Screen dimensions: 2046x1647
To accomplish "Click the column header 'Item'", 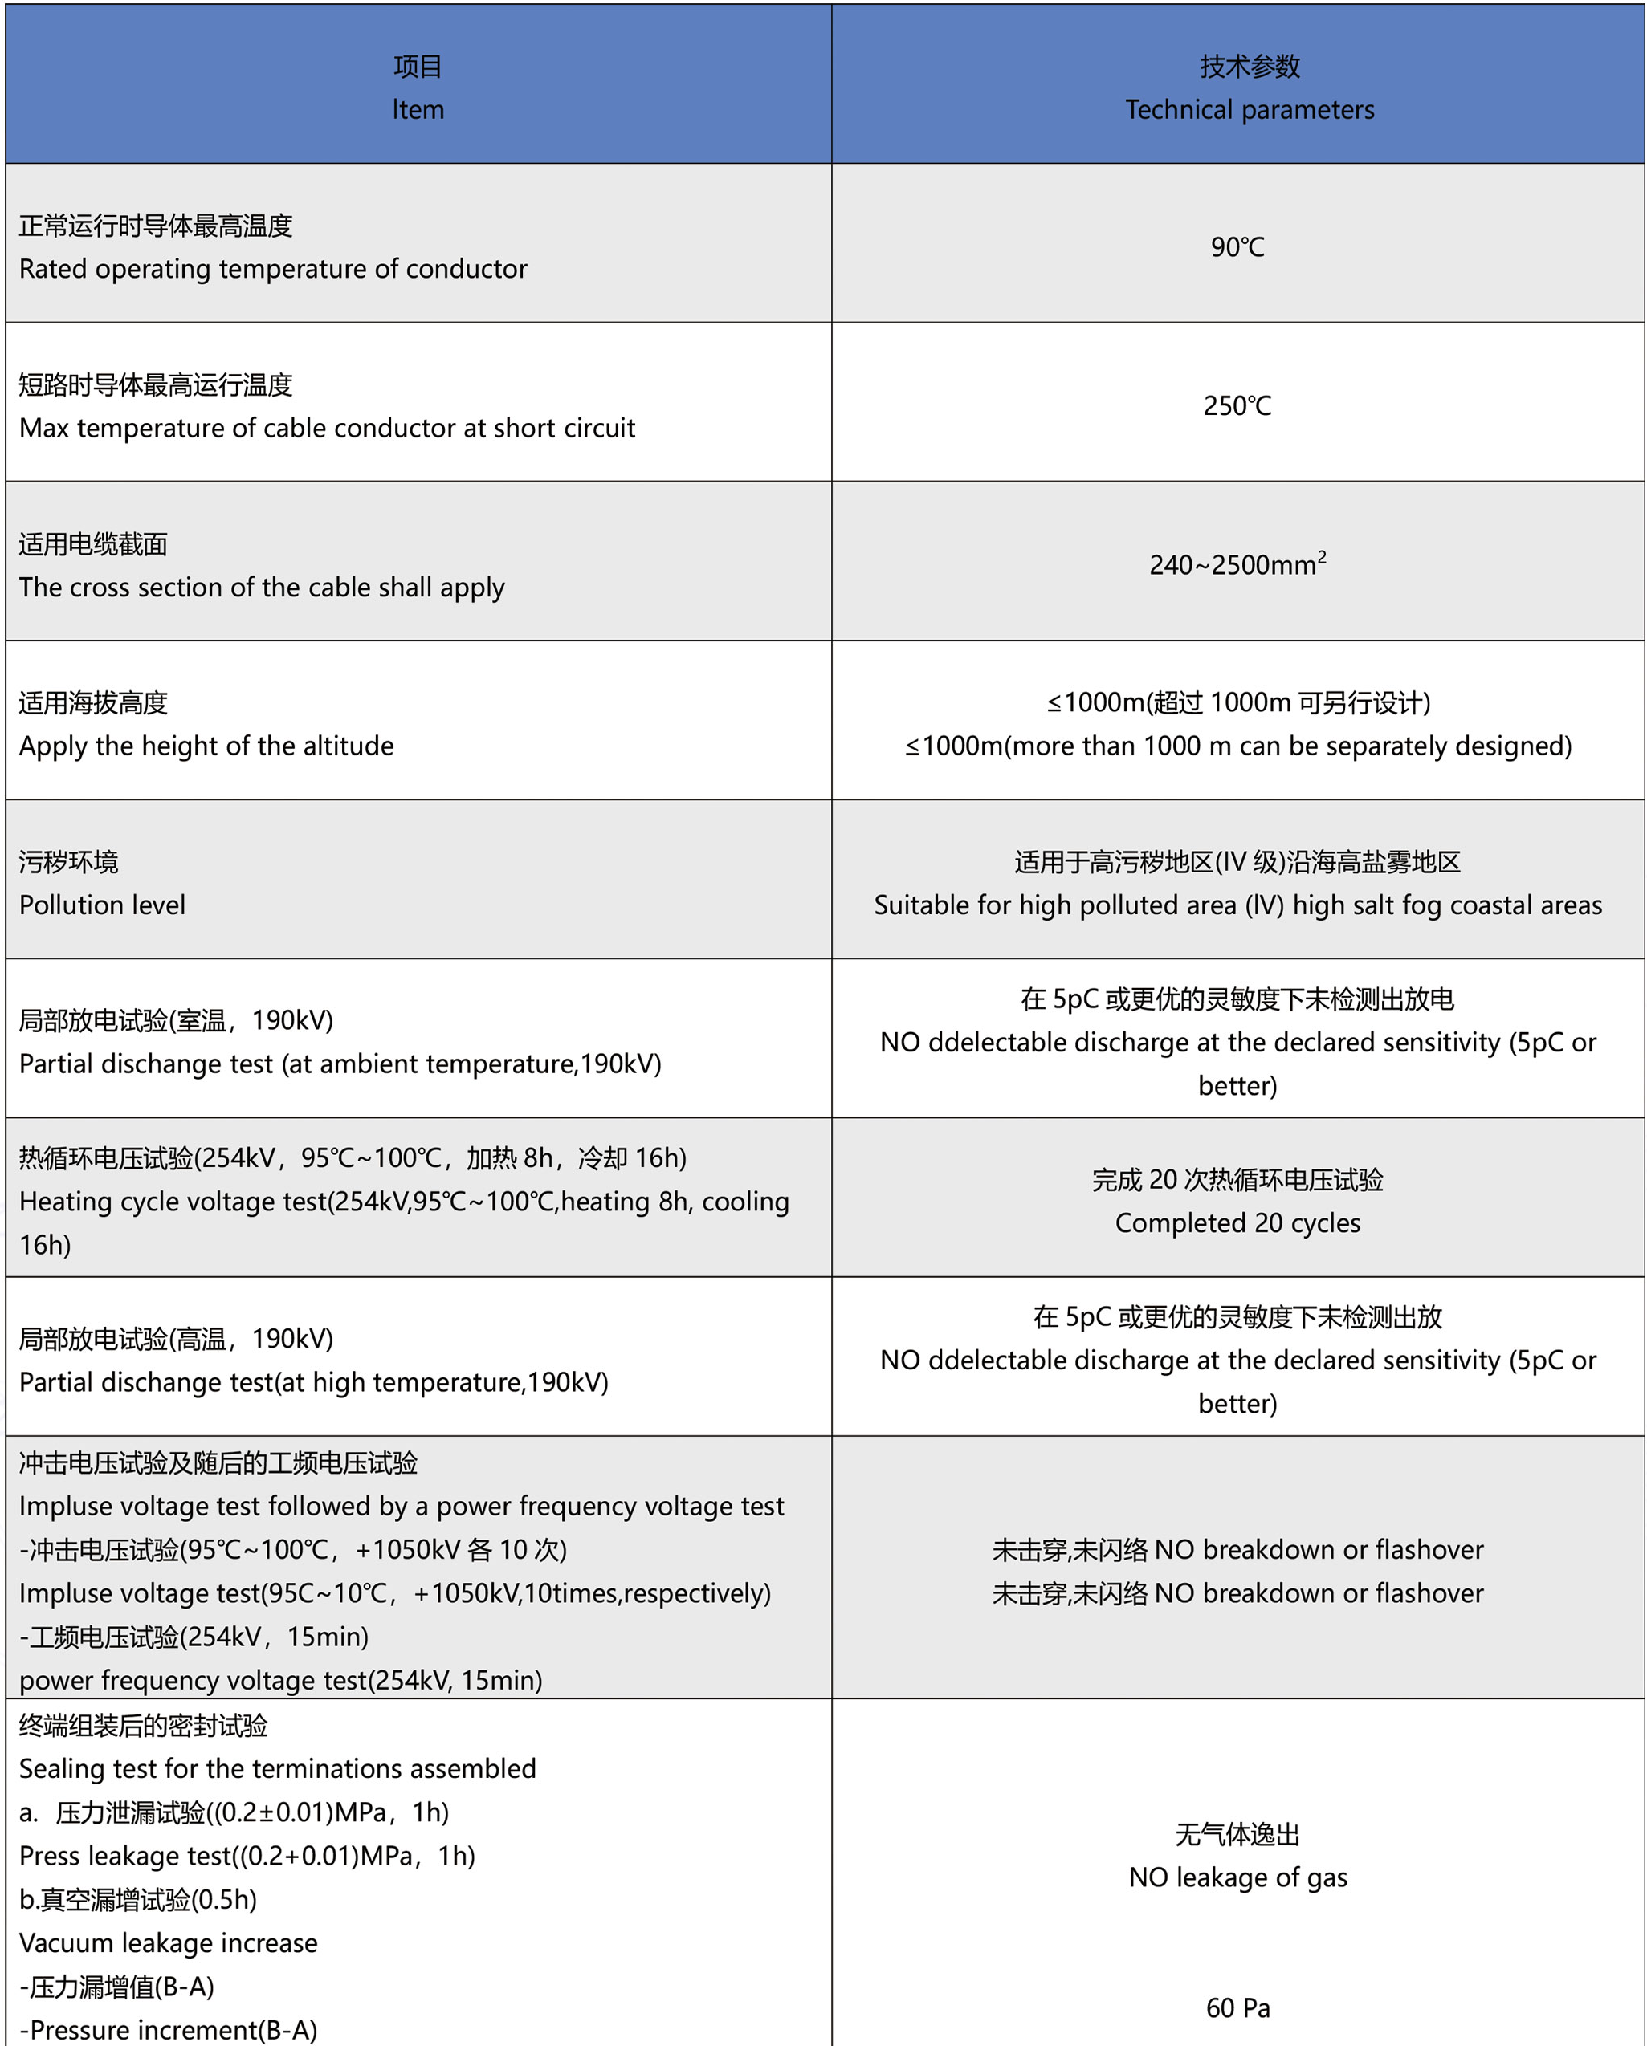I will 418,110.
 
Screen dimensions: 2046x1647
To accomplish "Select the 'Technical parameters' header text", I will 1250,110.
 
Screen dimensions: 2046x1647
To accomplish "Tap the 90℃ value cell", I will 1237,248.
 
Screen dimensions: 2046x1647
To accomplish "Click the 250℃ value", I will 1237,406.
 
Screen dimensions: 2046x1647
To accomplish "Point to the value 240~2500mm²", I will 1237,564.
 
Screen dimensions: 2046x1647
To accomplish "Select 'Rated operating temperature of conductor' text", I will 272,270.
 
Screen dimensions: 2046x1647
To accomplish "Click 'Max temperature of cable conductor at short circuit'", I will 327,429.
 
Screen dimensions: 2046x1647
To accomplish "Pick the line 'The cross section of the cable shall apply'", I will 261,588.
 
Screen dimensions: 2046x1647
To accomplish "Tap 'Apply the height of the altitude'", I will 206,746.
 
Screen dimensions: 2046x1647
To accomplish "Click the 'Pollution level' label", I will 103,905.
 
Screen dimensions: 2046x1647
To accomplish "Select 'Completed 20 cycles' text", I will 1237,1223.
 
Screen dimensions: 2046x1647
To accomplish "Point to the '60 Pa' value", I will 1237,2008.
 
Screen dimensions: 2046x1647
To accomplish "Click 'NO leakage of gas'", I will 1237,1877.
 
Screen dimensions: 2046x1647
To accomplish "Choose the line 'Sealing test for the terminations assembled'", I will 277,1769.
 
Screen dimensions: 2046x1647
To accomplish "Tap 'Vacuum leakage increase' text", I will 168,1943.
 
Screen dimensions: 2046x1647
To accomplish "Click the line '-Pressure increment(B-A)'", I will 168,2030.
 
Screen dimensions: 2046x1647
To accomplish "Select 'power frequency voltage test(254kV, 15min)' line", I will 280,1681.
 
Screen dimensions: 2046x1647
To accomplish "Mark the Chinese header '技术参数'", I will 1250,67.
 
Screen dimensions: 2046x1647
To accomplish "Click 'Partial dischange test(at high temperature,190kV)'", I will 313,1383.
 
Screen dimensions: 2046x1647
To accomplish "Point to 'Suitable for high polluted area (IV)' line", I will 1237,905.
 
